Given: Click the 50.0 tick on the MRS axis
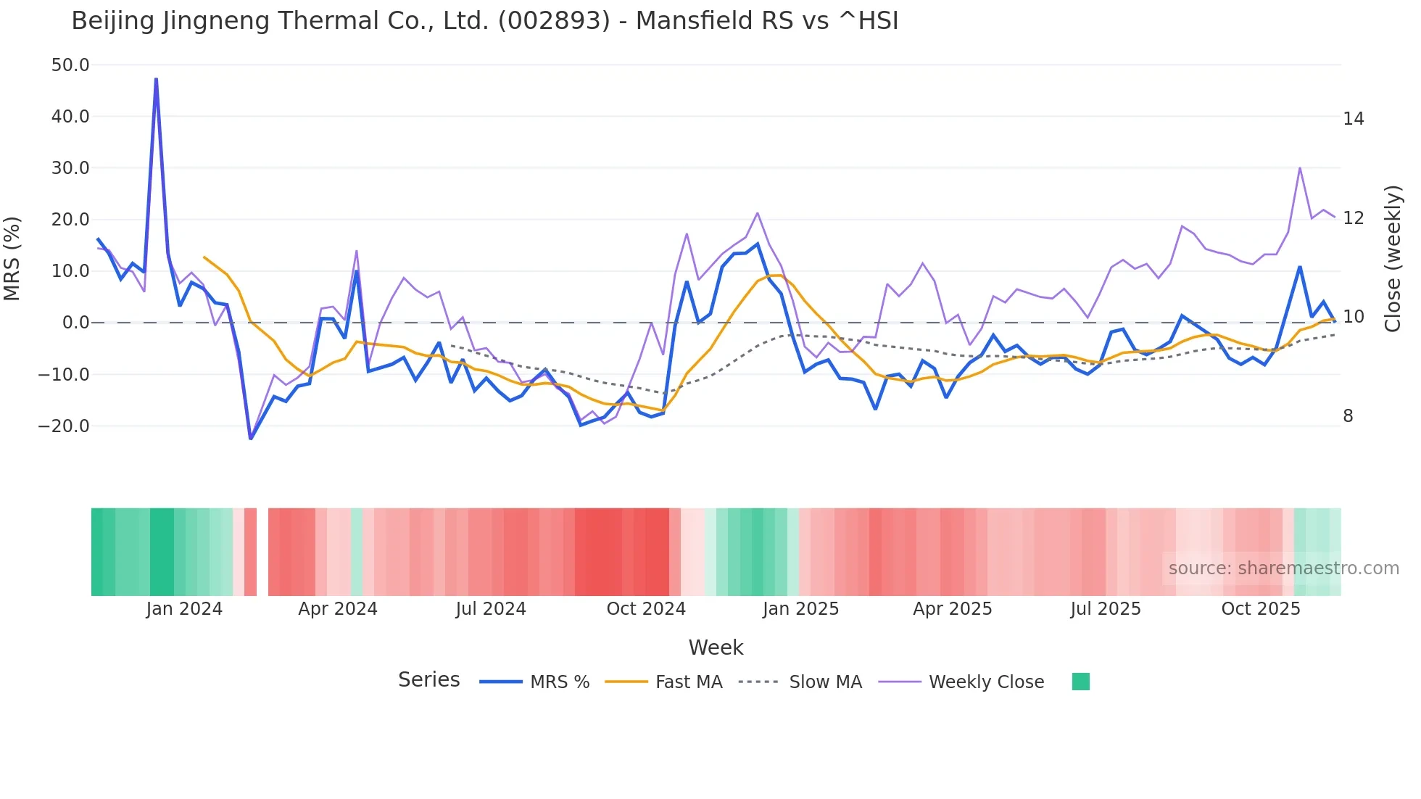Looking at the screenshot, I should click(70, 65).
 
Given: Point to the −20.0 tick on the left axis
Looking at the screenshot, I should click(64, 426).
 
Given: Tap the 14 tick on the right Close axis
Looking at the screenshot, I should click(1353, 119).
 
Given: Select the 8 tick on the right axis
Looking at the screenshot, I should click(1348, 416).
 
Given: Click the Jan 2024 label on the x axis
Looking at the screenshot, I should click(184, 609).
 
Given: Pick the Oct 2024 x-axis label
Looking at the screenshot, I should click(646, 609).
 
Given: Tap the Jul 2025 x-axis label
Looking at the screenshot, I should click(1106, 609).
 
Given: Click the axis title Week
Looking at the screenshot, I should click(716, 647).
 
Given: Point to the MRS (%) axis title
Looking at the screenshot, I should click(12, 258).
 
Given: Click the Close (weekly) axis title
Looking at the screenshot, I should click(1392, 259).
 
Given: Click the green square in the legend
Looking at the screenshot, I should click(1080, 682).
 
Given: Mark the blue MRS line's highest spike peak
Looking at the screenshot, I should click(156, 79).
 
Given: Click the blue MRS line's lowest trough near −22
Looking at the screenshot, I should click(251, 439).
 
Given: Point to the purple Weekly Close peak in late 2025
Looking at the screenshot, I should click(1300, 168).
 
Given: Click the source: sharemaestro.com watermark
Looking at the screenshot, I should click(1283, 568).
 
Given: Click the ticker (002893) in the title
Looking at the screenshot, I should click(554, 21).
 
